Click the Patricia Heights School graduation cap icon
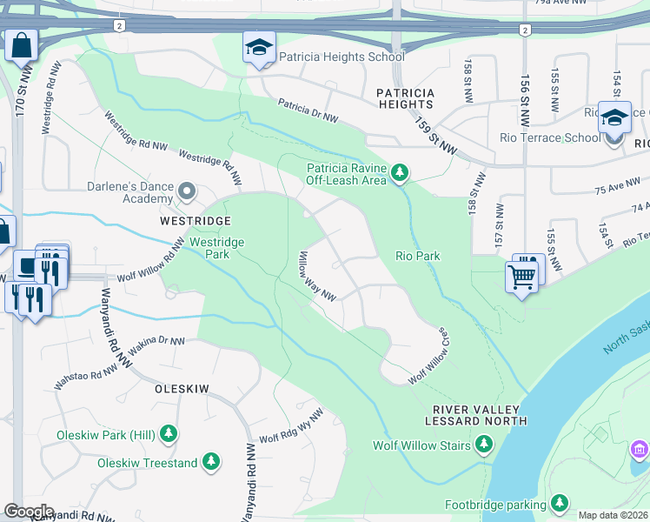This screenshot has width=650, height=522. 258,48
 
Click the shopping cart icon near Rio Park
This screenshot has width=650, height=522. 521,276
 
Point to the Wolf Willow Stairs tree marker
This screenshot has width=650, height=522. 483,445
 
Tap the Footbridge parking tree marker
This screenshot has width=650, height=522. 559,503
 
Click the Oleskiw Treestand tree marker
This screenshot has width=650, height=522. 210,462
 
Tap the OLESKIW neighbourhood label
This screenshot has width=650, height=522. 182,389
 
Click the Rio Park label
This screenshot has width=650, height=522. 418,256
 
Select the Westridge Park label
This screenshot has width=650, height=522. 217,248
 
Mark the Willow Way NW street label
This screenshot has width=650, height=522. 317,276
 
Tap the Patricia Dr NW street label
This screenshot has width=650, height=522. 308,110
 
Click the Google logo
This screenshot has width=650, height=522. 29,511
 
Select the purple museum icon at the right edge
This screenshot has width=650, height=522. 639,450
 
